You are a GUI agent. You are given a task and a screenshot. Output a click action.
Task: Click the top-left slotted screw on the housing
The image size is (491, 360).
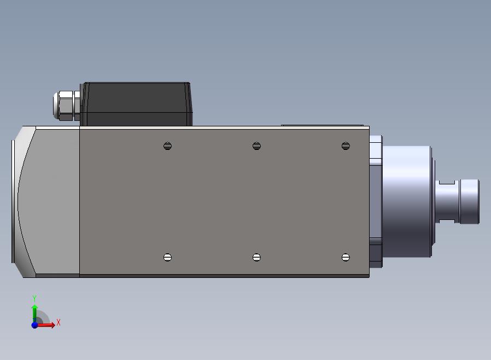click(167, 146)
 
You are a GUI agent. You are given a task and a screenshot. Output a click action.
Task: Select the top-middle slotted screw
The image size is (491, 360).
click(256, 146)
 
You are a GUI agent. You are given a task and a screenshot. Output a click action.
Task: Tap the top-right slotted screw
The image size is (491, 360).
click(346, 146)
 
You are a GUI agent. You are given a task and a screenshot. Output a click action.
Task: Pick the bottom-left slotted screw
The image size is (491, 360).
click(167, 257)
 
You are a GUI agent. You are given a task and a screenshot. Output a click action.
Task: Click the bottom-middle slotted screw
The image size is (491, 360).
click(256, 257)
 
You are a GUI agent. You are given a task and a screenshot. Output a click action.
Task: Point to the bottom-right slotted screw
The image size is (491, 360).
click(346, 257)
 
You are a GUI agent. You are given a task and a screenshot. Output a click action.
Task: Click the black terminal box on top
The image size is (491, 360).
click(136, 104)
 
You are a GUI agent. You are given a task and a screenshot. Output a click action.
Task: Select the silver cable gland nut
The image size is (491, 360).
click(66, 106)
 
